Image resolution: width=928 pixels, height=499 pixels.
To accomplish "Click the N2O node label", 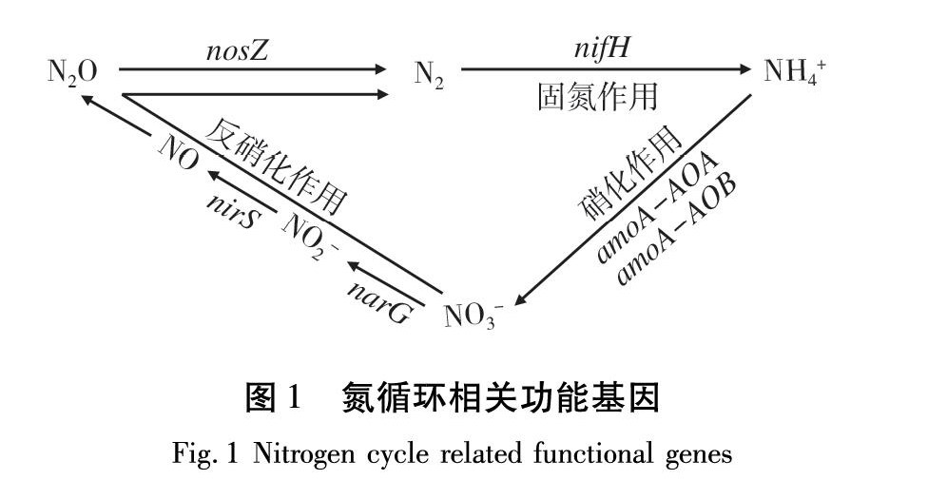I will tap(72, 73).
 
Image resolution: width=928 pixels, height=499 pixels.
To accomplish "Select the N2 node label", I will tap(429, 74).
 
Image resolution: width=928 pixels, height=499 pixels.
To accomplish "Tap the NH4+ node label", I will tap(797, 72).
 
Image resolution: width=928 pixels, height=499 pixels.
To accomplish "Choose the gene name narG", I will tap(379, 301).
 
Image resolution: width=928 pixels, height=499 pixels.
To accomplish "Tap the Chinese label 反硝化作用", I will tap(276, 162).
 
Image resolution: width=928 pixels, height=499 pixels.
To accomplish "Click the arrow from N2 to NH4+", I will tap(609, 69).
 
